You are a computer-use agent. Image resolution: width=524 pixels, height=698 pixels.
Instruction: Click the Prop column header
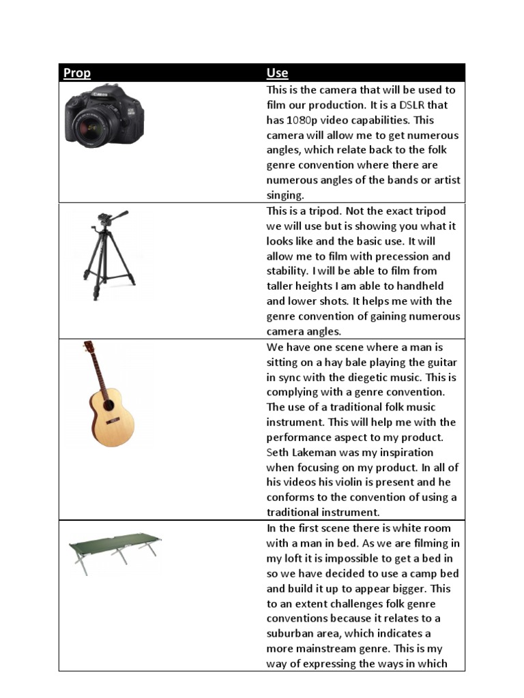tap(77, 73)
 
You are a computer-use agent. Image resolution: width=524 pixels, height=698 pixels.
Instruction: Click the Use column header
tap(277, 73)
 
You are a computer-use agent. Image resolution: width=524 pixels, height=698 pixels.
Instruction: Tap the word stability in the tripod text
tap(289, 271)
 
